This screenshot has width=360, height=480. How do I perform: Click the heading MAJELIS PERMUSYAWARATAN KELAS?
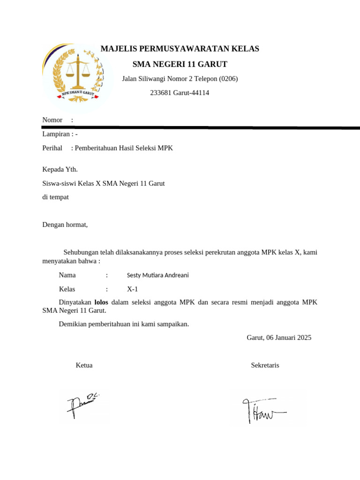tap(180, 49)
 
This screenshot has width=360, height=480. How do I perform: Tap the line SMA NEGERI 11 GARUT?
tap(180, 64)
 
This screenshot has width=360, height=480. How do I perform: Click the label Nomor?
tap(52, 120)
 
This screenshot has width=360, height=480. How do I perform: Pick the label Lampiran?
tap(55, 134)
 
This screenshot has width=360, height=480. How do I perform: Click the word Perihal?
tap(52, 148)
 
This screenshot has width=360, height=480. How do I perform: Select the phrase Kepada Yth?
tap(60, 169)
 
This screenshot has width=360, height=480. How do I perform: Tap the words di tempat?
tap(55, 197)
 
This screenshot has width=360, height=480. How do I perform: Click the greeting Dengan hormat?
tap(65, 225)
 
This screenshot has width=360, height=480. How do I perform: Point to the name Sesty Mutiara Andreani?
tap(157, 275)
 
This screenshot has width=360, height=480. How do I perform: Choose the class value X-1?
tap(133, 289)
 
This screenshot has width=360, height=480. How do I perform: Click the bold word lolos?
tap(101, 302)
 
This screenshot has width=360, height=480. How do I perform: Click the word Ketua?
tap(84, 365)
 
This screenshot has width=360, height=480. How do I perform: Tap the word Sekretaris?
tap(265, 365)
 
